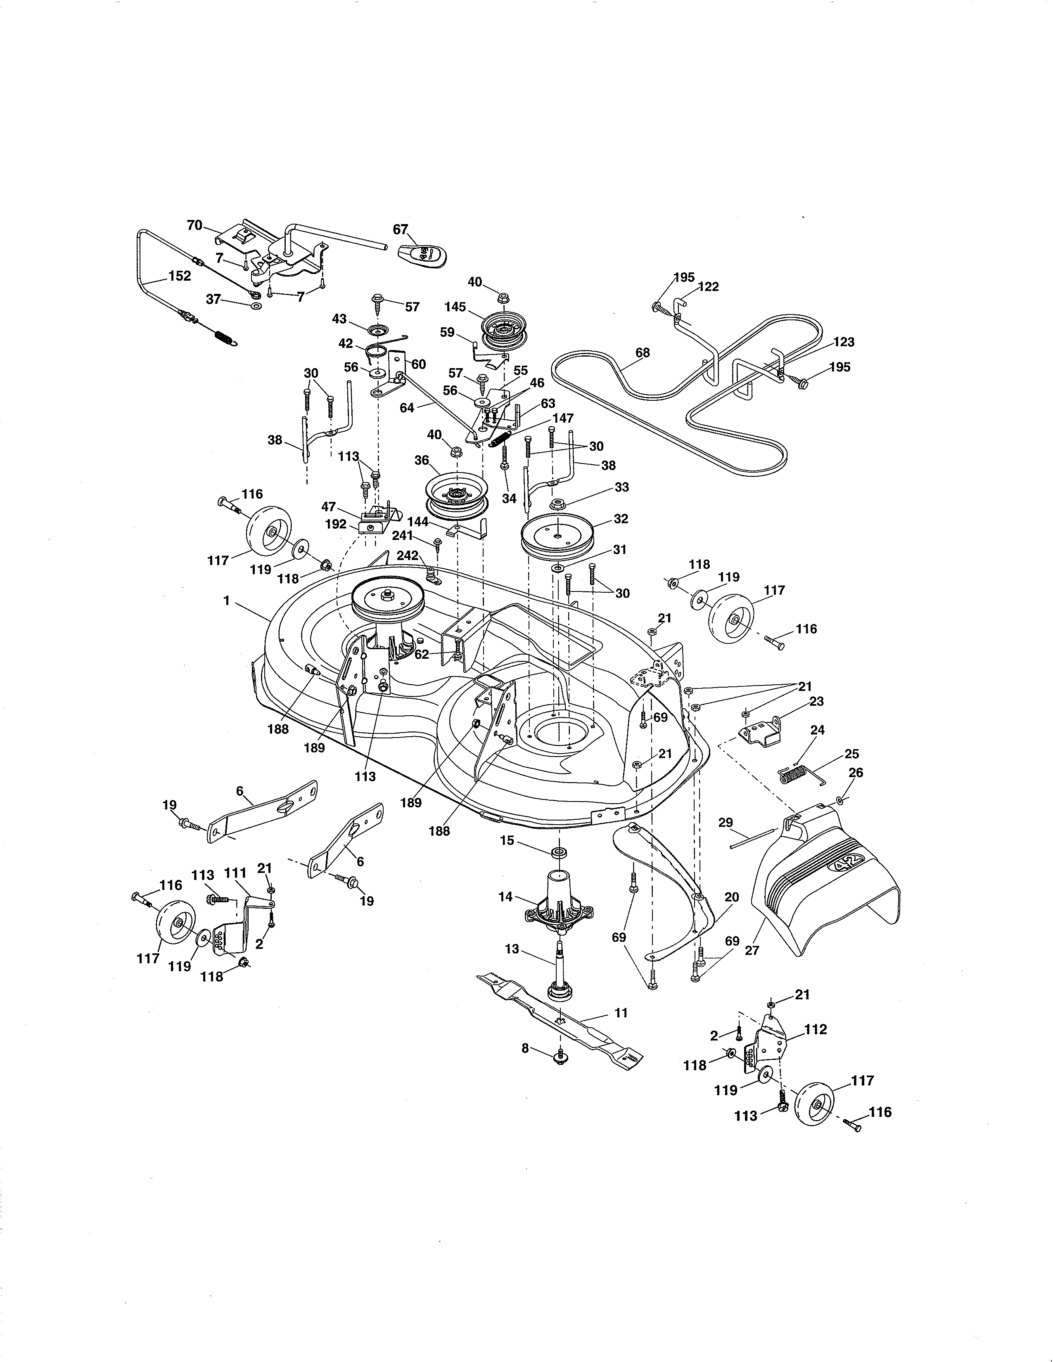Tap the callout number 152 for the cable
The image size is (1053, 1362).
point(180,276)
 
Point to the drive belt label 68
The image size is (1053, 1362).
point(643,352)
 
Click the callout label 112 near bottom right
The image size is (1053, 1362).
point(815,1029)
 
